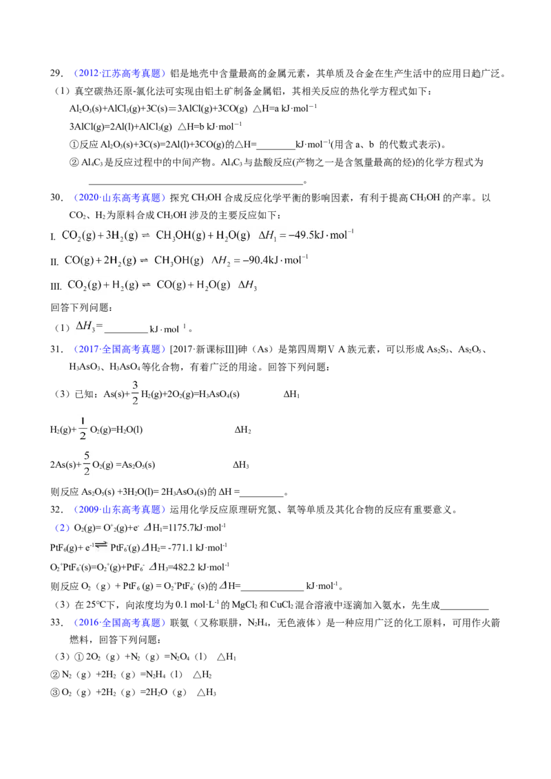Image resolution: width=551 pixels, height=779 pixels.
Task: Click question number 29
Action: [56, 74]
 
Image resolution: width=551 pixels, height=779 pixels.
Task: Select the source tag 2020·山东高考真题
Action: [119, 198]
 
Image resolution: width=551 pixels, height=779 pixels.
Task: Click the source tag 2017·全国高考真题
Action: [119, 350]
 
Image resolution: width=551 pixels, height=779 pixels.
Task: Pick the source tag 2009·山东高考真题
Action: [119, 509]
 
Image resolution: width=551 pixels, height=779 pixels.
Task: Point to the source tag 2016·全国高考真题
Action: [119, 623]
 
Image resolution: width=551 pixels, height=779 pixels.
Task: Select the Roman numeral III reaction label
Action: [56, 286]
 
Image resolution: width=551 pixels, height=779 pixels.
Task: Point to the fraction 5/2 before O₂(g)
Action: [87, 463]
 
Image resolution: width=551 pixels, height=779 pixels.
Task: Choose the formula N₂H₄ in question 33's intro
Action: [259, 623]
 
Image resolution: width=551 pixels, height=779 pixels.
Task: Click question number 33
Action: [56, 623]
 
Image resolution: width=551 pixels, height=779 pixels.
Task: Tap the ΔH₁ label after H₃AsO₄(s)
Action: [291, 394]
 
